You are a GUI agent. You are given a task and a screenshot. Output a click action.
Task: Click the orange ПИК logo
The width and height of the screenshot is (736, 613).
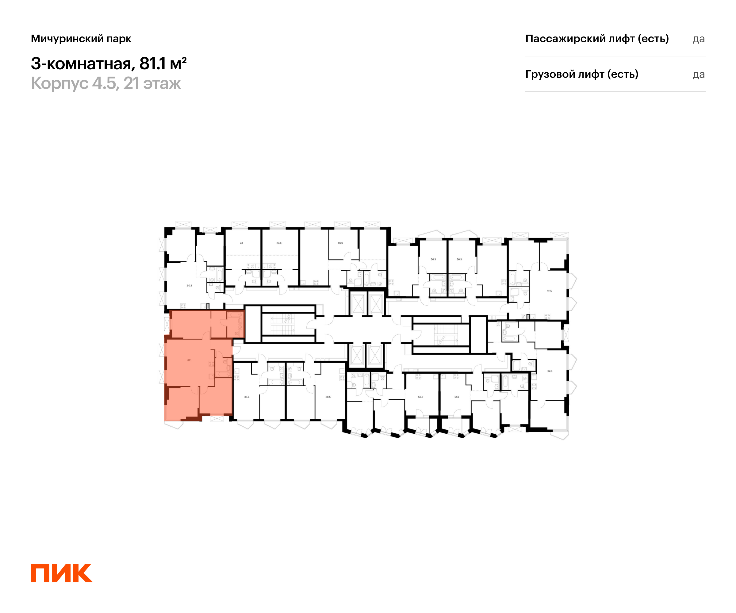pos(61,573)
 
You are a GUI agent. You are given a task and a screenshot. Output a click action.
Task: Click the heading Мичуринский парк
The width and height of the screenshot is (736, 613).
pos(81,39)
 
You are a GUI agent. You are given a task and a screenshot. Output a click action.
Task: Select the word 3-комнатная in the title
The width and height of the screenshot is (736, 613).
pos(81,64)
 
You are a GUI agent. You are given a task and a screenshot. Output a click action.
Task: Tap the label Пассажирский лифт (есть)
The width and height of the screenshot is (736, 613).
pos(597,39)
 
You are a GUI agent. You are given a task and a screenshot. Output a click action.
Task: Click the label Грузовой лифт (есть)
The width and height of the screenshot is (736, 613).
pos(582,74)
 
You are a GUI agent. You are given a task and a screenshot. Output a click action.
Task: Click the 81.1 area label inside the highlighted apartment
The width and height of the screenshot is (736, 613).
pos(189,360)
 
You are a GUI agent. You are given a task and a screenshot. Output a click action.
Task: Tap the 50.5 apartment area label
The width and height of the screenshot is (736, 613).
pos(189,285)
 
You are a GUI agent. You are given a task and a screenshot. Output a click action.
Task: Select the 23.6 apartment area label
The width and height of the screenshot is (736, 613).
pos(279,243)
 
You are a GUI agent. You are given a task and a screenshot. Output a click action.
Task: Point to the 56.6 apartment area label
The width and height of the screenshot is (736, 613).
pos(340,243)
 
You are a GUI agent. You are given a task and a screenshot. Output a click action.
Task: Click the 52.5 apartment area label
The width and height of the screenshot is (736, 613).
pos(549,291)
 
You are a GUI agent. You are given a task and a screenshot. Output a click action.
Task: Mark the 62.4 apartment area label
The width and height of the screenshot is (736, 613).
pos(550,371)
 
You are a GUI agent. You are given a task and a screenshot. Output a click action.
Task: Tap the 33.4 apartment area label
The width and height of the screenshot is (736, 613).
pos(247,397)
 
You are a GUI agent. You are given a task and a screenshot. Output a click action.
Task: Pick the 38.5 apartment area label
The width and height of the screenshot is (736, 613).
pos(328,397)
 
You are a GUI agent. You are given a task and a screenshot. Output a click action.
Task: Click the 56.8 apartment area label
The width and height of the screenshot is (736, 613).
pos(420,397)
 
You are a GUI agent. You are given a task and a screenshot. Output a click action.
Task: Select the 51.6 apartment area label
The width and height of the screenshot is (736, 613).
pos(457,397)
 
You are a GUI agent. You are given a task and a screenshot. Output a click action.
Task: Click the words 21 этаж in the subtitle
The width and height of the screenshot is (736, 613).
pos(152,83)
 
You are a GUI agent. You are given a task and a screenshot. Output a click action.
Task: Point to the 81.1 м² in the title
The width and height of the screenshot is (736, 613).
pos(163,64)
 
